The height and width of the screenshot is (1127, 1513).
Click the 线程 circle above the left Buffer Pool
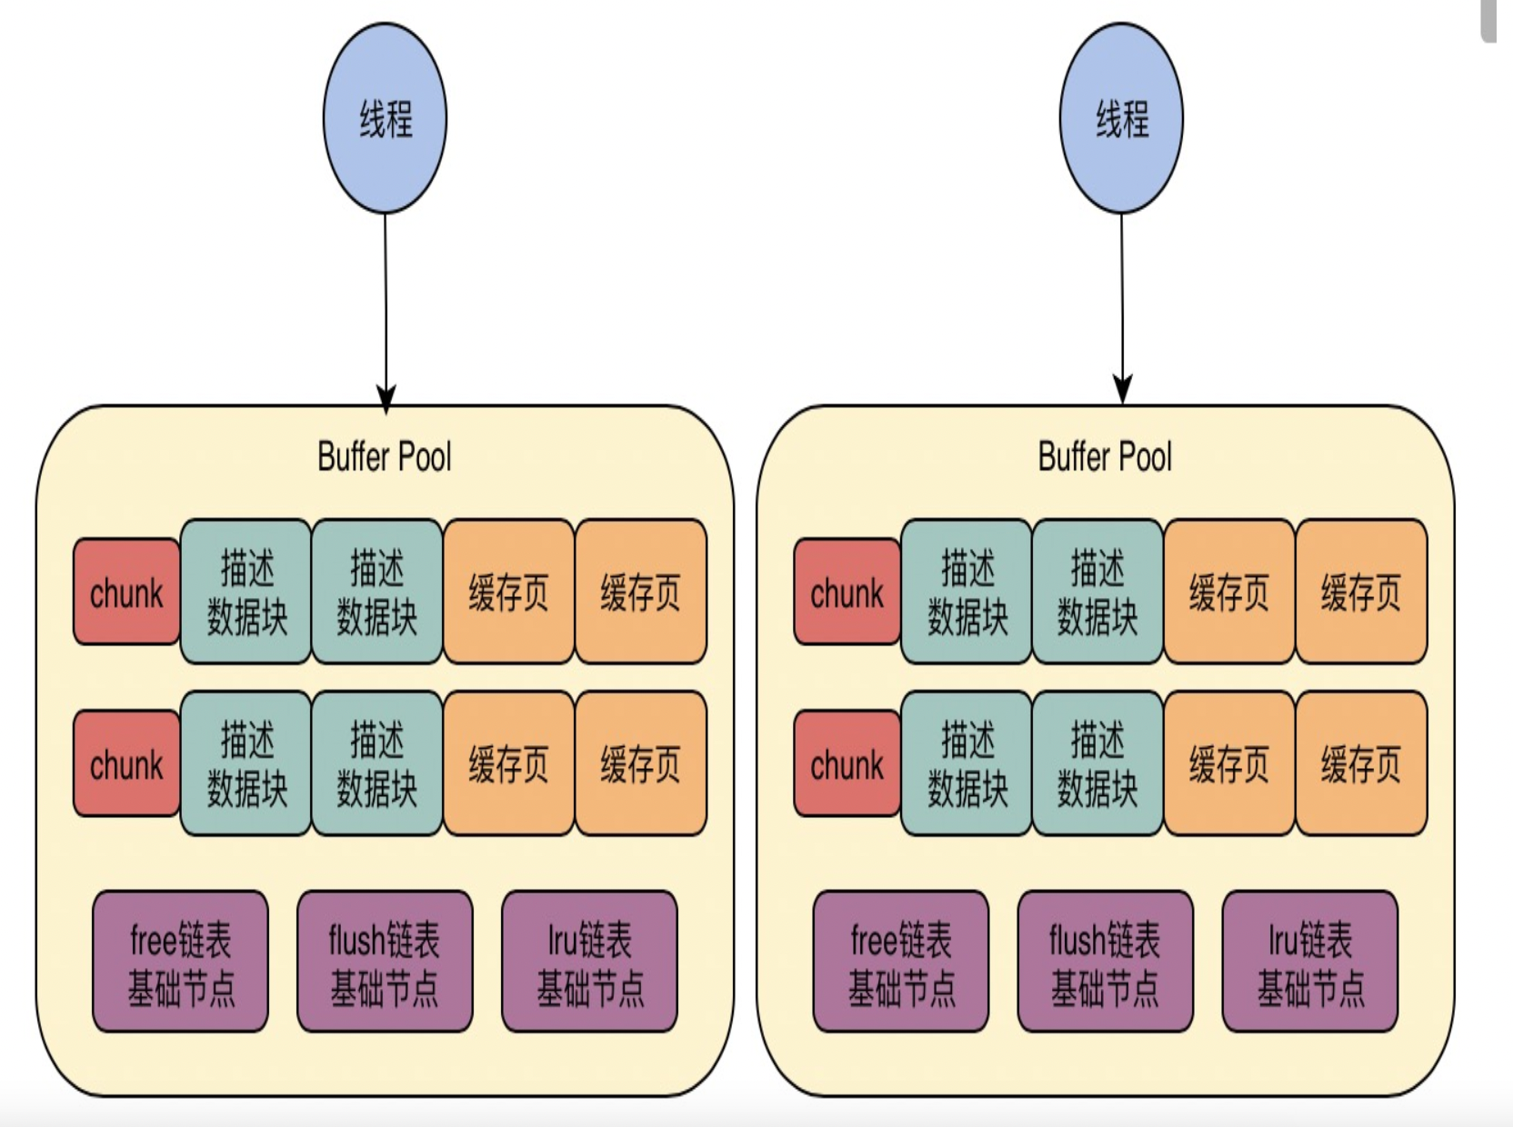[x=385, y=118]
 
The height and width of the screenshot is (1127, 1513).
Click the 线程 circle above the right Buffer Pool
[x=1121, y=118]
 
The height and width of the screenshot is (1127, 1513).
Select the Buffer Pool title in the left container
[x=385, y=457]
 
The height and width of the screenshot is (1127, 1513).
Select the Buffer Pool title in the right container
[x=1105, y=457]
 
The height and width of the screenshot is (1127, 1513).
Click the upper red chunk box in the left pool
[x=126, y=592]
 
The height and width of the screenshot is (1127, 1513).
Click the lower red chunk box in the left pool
[x=126, y=763]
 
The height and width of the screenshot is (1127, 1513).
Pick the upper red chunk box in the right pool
[x=847, y=592]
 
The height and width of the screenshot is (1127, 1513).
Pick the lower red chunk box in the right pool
[x=847, y=763]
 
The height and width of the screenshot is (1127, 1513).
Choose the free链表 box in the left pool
[x=181, y=961]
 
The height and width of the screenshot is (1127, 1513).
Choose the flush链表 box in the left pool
[x=385, y=961]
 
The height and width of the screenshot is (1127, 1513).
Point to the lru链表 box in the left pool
[x=589, y=961]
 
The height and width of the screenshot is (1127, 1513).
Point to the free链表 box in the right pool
[x=901, y=961]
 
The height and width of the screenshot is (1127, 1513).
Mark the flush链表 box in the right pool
[x=1105, y=961]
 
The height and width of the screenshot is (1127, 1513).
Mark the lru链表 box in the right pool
[x=1309, y=961]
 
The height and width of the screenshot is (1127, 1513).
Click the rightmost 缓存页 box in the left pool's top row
[x=641, y=592]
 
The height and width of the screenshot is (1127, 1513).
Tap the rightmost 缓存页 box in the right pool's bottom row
[x=1361, y=763]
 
